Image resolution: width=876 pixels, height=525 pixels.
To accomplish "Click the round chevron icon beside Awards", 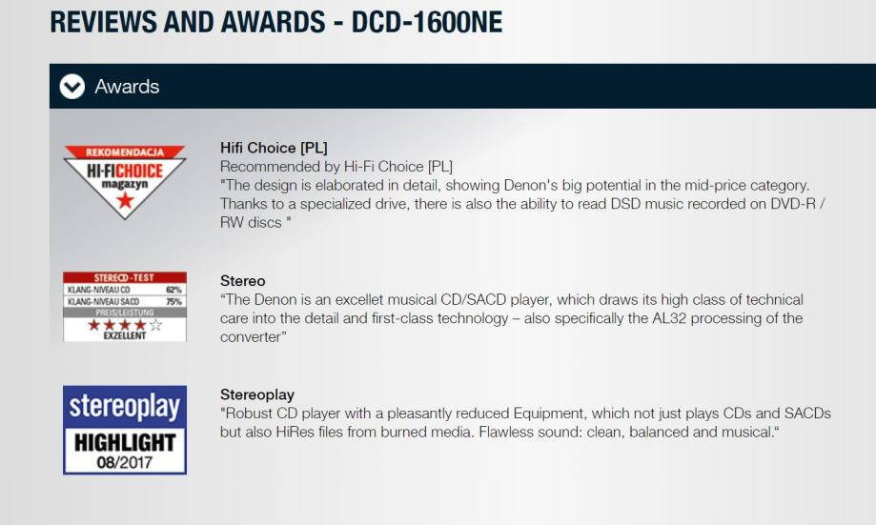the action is tap(72, 87).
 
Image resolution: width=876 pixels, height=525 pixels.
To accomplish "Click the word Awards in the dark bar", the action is tap(127, 87).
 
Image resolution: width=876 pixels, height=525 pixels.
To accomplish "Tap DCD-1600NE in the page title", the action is tap(427, 22).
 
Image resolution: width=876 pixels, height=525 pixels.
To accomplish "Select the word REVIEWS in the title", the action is tap(104, 22).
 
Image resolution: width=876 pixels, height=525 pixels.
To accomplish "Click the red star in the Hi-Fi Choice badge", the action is tap(125, 199).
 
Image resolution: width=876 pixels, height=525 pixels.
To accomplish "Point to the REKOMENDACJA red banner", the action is tap(125, 151).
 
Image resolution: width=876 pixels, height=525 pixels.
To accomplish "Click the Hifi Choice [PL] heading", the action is tap(274, 148).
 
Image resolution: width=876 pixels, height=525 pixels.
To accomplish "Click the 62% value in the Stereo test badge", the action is tap(173, 290).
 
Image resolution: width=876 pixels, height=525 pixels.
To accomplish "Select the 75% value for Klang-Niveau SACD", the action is tap(173, 302).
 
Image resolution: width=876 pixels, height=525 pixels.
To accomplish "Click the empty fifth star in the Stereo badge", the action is tap(156, 325).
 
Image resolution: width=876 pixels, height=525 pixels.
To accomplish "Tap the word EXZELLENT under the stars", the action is tap(125, 335).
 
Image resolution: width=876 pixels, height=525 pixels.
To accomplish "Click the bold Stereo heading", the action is tap(242, 280).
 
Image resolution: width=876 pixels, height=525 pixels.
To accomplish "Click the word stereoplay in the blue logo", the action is tap(125, 406).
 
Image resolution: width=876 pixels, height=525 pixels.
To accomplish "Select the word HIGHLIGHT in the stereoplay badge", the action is tap(125, 442).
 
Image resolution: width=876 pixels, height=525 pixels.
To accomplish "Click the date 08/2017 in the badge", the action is tap(125, 462).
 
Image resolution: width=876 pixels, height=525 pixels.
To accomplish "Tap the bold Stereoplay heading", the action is tap(257, 394).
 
